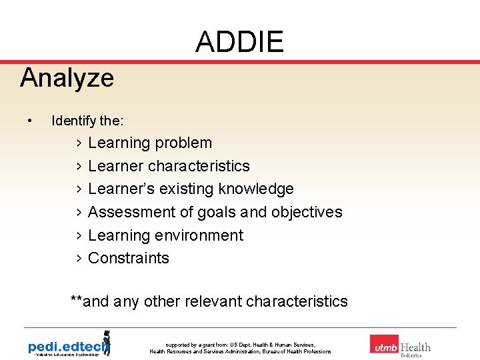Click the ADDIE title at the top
pyautogui.click(x=239, y=43)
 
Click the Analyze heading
pyautogui.click(x=67, y=78)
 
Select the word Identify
pyautogui.click(x=73, y=121)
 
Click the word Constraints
pyautogui.click(x=129, y=258)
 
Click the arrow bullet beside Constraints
pyautogui.click(x=79, y=259)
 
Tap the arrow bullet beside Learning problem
pyautogui.click(x=79, y=143)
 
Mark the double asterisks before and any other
pyautogui.click(x=77, y=300)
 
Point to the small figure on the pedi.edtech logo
pyautogui.click(x=105, y=341)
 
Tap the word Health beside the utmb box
pyautogui.click(x=415, y=347)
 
